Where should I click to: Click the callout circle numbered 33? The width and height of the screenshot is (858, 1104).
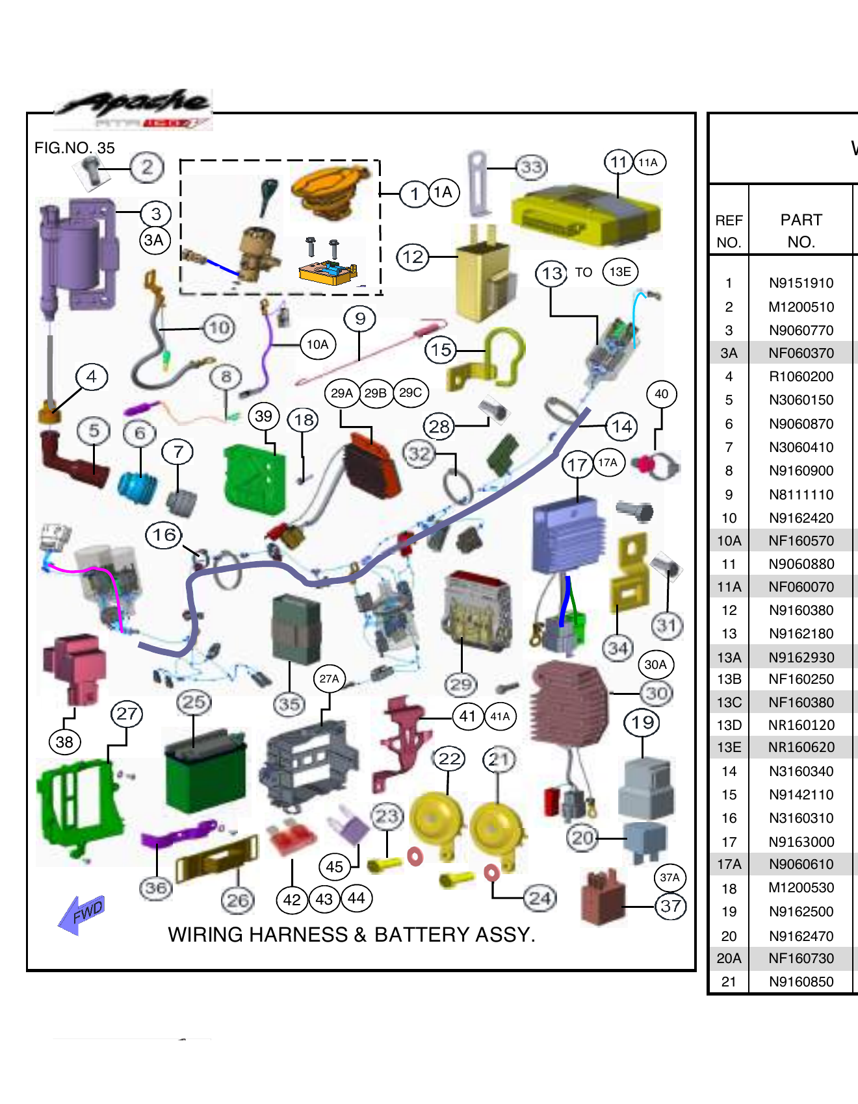(531, 168)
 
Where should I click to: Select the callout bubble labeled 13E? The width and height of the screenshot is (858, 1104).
(619, 272)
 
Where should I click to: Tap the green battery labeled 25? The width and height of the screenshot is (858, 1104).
(205, 773)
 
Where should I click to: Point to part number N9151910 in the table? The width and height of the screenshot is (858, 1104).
(801, 283)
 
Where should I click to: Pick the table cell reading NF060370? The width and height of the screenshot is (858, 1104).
(801, 353)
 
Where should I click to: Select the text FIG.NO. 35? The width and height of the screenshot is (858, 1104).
(74, 148)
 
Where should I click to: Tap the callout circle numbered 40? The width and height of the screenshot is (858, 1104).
(661, 394)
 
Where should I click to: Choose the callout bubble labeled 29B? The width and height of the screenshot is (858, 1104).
(376, 393)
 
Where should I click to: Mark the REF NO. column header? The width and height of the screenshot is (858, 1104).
(729, 231)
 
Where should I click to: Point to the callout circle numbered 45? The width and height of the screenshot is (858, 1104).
(334, 866)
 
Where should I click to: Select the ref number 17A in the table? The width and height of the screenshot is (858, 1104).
(729, 865)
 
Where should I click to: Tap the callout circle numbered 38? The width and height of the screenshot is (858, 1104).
(64, 742)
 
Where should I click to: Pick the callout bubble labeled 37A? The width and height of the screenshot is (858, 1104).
(669, 878)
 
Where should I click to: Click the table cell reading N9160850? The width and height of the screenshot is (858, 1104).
(801, 982)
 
